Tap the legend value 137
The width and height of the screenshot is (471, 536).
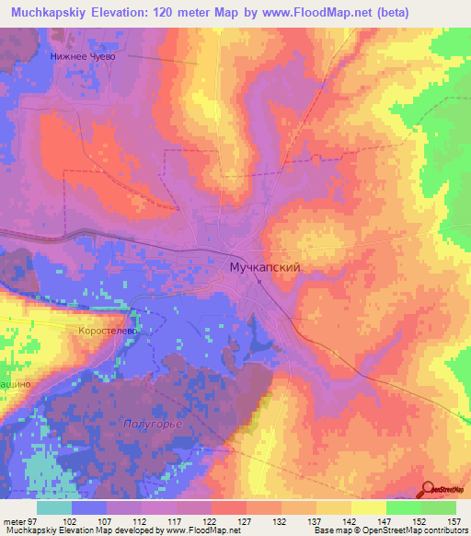pos(316,520)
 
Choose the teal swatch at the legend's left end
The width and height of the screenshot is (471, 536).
pos(54,507)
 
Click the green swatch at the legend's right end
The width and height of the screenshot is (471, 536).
pos(438,507)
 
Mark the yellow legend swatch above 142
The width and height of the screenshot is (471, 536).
pos(333,507)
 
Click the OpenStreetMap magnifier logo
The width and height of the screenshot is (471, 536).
pos(429,490)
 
